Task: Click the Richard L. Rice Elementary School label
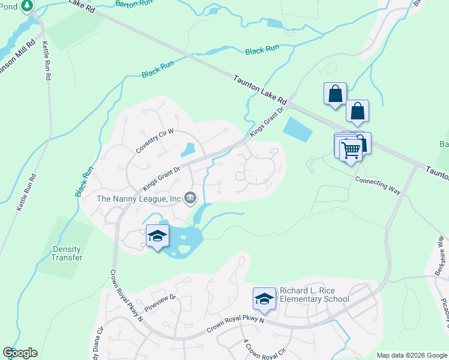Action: tap(314, 295)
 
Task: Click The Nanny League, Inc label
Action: tap(139, 198)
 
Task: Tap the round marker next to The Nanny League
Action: tap(191, 197)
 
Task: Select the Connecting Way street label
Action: tap(378, 185)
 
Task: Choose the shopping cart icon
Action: tap(351, 150)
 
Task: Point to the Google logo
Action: tap(20, 353)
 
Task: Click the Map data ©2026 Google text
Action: tap(412, 355)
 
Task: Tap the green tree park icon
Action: tap(26, 6)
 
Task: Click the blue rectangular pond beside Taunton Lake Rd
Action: tap(297, 128)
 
